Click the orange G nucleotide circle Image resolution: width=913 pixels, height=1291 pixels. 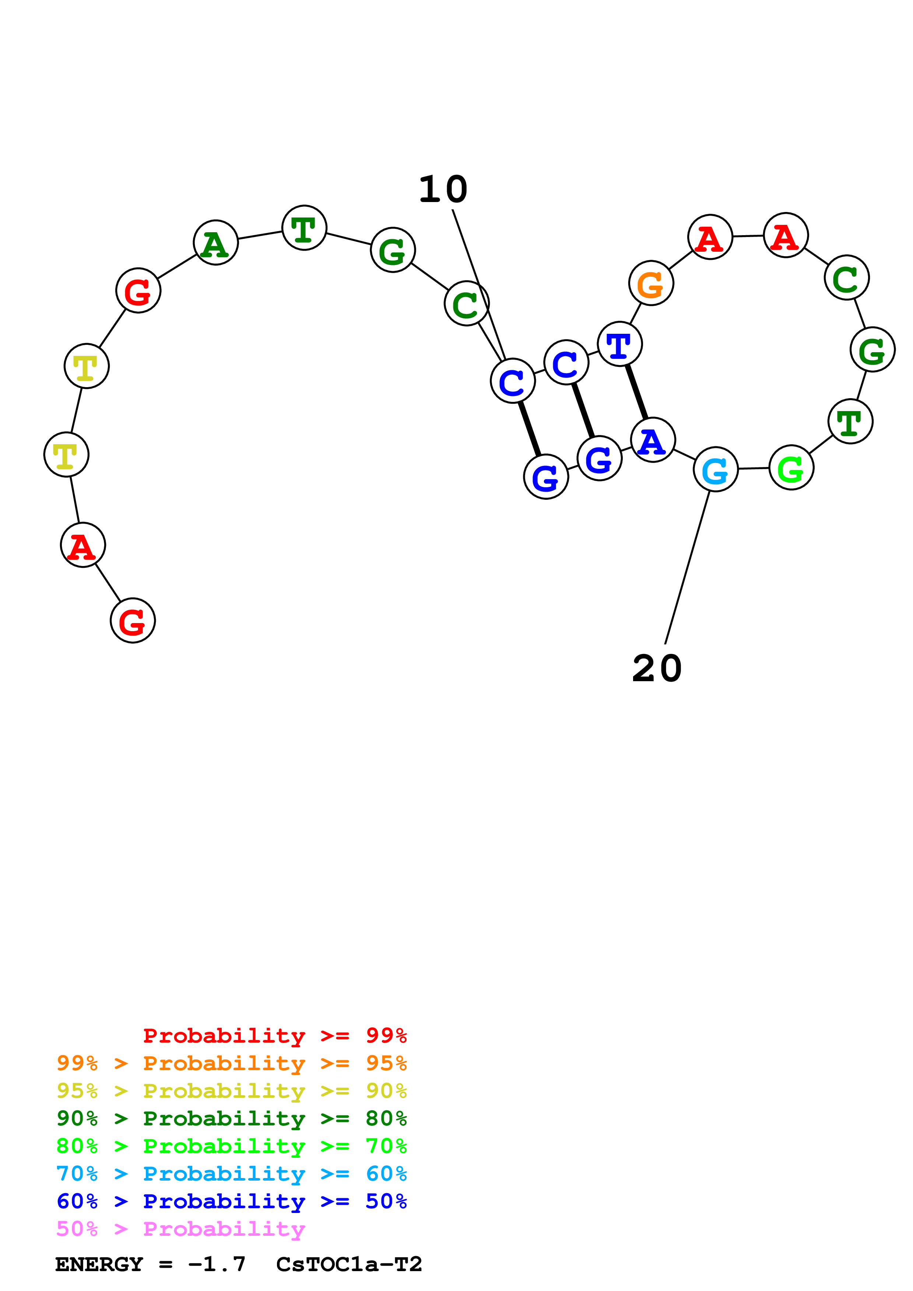(x=651, y=283)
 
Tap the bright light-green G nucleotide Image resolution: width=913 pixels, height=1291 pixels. (x=791, y=468)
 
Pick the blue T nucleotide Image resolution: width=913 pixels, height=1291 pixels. (x=619, y=344)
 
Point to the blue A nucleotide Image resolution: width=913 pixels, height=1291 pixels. (x=653, y=440)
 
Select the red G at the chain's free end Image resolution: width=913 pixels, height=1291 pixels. (x=133, y=621)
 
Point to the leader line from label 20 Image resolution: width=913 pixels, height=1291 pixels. (x=688, y=567)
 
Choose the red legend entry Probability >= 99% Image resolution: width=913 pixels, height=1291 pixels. (x=274, y=1036)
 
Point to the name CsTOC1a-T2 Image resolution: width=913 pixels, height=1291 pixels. (x=349, y=1265)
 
